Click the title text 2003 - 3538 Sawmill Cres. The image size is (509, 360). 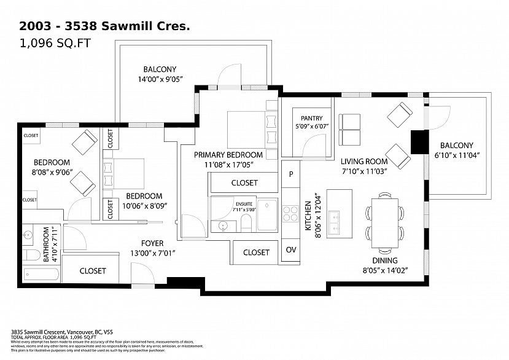tap(105, 26)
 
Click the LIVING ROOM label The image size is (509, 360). tap(364, 162)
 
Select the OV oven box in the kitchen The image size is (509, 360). tap(290, 250)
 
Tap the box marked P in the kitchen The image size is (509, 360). tap(290, 174)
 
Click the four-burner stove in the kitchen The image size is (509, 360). tap(290, 214)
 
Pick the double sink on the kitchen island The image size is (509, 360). tap(335, 222)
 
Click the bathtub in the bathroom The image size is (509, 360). tap(42, 273)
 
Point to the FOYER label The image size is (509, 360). tap(152, 243)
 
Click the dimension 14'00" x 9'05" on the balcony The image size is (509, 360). tap(160, 79)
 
